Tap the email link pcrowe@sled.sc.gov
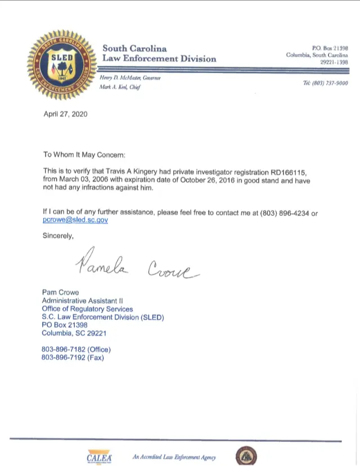point(75,220)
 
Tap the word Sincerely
point(58,236)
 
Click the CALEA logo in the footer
point(100,456)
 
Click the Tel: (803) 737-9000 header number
point(325,83)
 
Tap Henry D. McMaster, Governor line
point(129,79)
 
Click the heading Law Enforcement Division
point(159,58)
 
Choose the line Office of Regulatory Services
point(87,309)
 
